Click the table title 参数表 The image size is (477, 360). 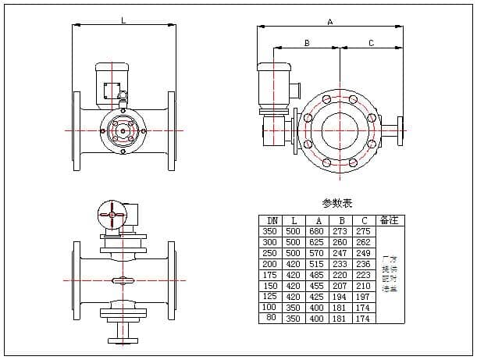coord(337,203)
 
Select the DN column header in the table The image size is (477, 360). coord(271,221)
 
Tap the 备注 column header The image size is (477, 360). coord(389,220)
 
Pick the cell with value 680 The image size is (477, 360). coord(316,232)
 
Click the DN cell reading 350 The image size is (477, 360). coord(271,232)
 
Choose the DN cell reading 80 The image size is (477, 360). coord(271,319)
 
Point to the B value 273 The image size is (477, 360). coord(340,232)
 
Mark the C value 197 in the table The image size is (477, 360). coord(363,298)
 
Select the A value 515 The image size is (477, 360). coord(316,265)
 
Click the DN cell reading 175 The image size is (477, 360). coord(271,276)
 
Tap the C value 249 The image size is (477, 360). coord(363,254)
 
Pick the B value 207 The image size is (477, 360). coord(340,287)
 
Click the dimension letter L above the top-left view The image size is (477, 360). coord(123,21)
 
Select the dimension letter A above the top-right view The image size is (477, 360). coord(330,23)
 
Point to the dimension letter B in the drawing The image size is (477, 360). coord(307,44)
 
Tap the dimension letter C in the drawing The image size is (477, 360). coord(371,44)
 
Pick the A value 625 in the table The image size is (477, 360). coord(316,243)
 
